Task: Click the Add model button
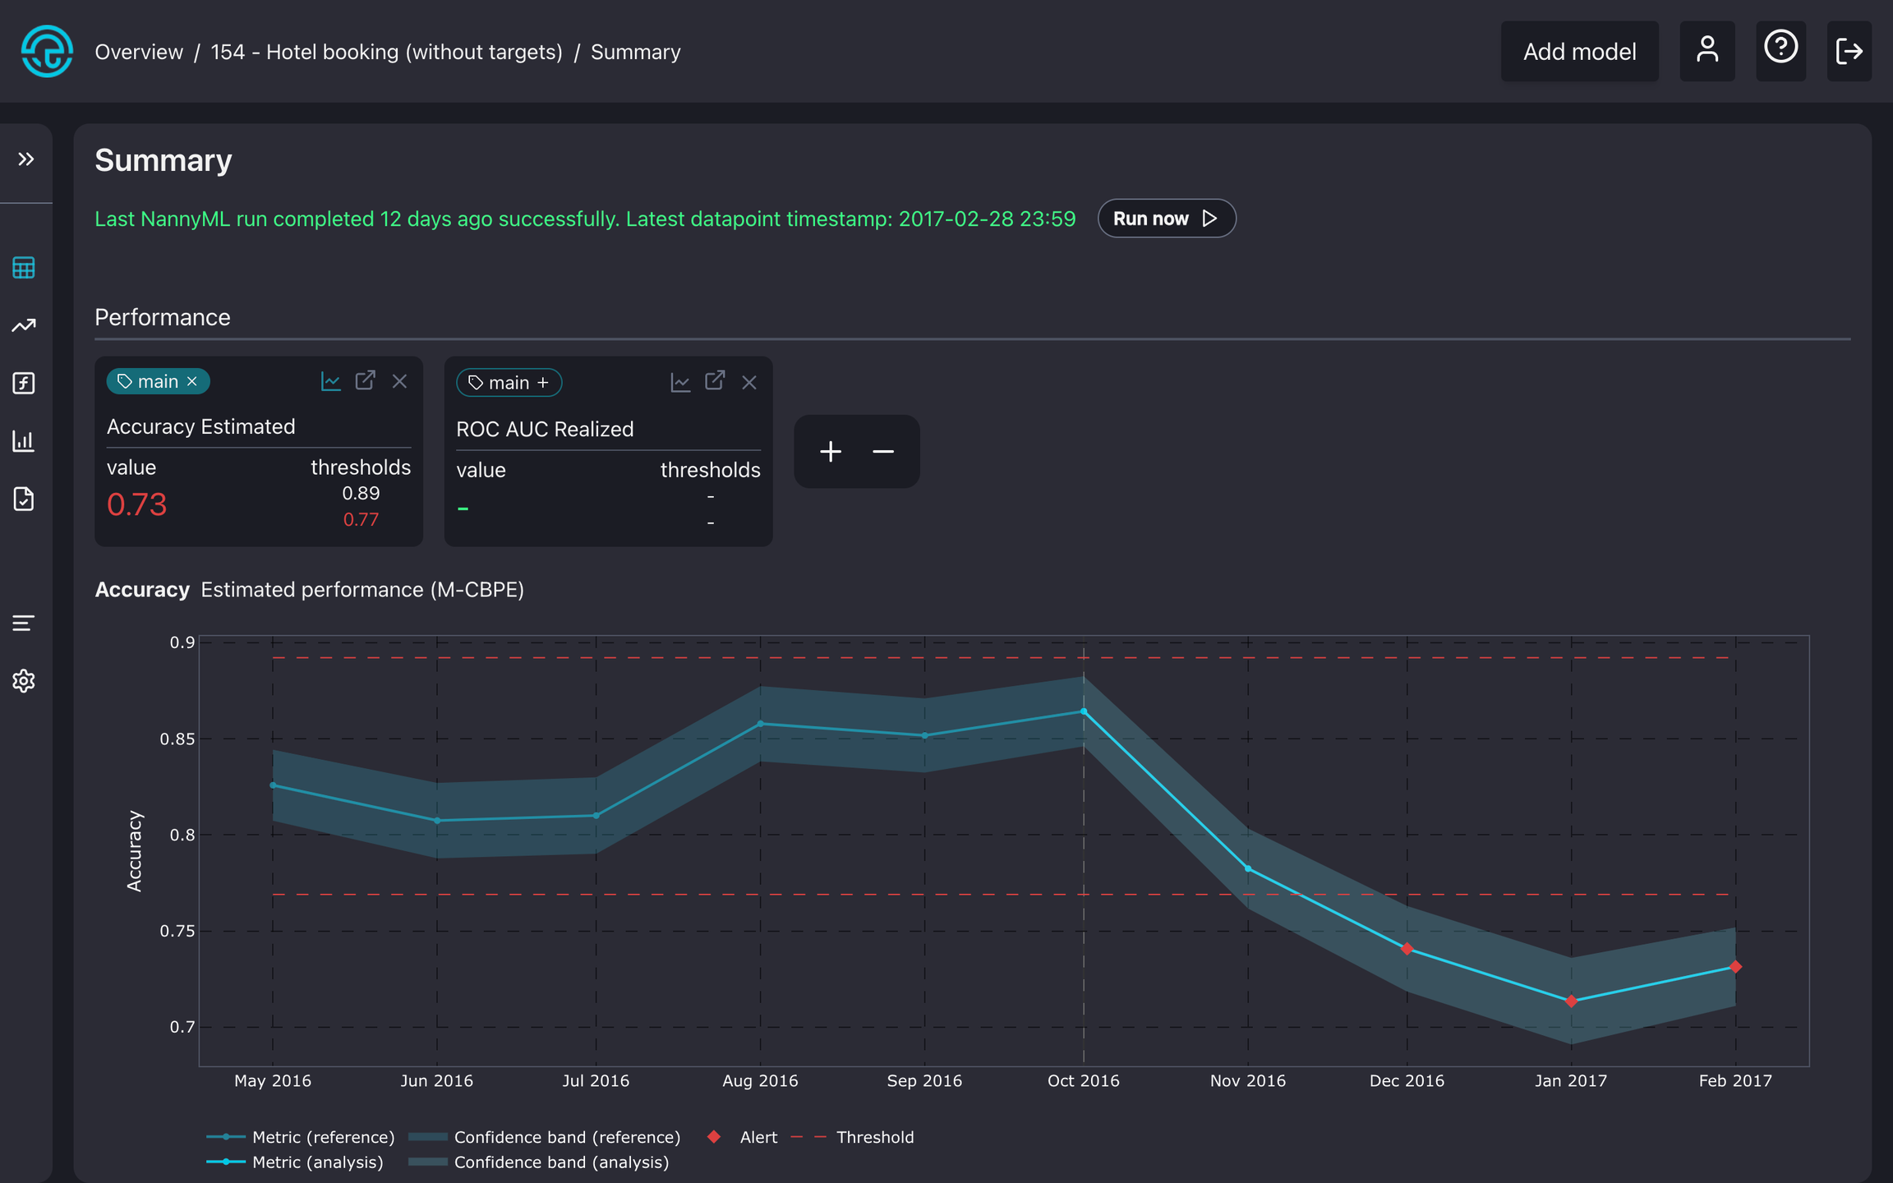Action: click(1578, 52)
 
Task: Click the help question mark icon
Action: click(1780, 48)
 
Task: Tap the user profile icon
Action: click(1706, 51)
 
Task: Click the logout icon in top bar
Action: click(1848, 52)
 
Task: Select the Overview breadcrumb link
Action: click(139, 52)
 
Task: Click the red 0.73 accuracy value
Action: click(136, 504)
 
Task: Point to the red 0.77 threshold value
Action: click(361, 519)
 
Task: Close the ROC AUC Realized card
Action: click(748, 382)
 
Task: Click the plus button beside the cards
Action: click(830, 451)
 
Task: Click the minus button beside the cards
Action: click(883, 451)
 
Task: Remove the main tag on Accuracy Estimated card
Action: click(192, 381)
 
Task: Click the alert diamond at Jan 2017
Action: click(1571, 1001)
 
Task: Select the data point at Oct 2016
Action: click(1083, 711)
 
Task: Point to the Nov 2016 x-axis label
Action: click(1247, 1080)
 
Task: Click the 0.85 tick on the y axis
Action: click(177, 739)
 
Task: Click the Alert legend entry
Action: click(757, 1137)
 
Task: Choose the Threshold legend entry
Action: click(874, 1137)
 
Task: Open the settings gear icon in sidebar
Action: click(24, 680)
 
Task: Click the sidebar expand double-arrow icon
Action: click(26, 159)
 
